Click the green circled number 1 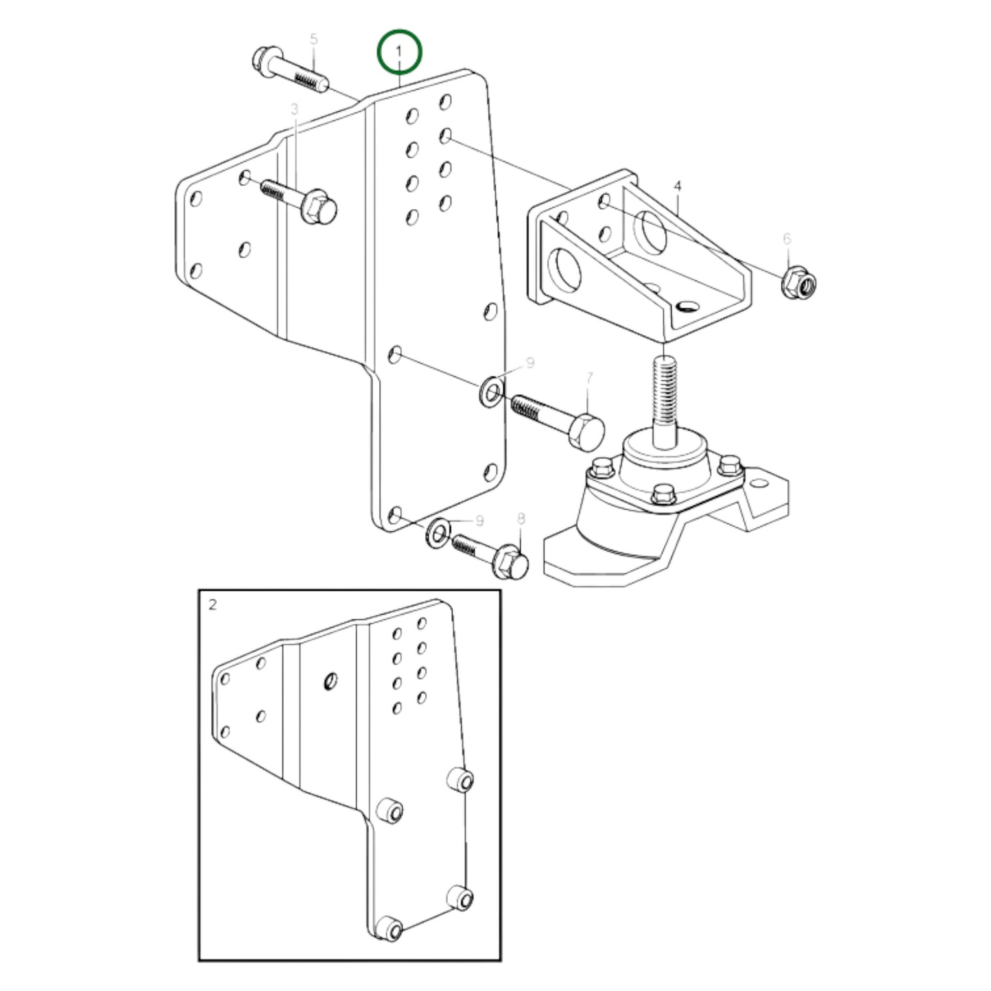point(398,51)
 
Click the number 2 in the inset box point(213,605)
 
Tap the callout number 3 point(294,110)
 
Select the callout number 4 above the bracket point(678,186)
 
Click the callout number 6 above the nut point(787,239)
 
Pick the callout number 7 point(589,378)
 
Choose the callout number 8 point(521,518)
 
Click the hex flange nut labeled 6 point(798,281)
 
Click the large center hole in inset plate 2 point(330,681)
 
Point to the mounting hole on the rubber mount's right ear point(759,483)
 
